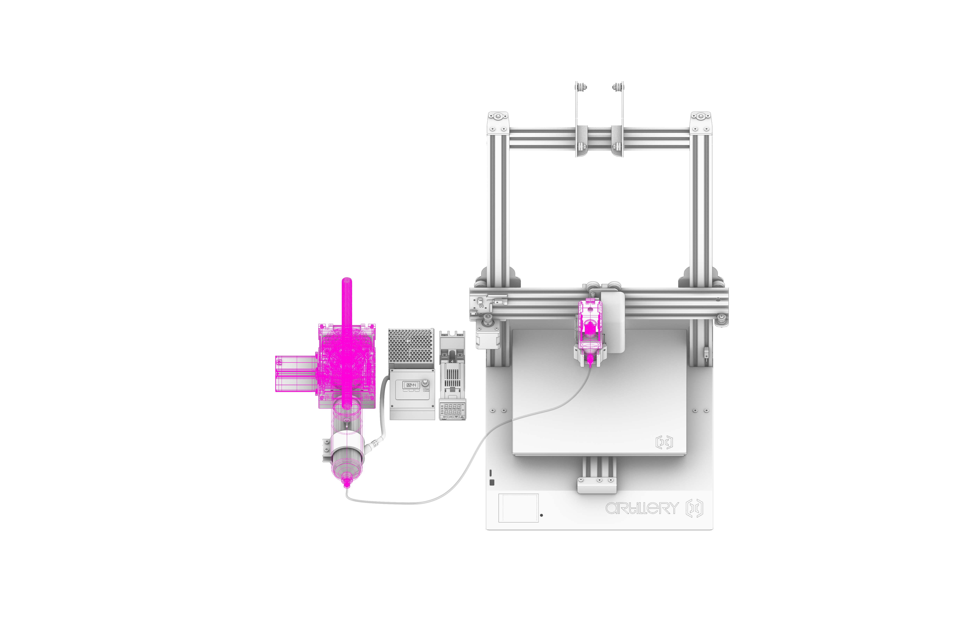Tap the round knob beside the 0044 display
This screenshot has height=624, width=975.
coord(425,383)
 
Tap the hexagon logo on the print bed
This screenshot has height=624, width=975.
coord(664,442)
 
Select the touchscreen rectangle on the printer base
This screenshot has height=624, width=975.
coord(518,508)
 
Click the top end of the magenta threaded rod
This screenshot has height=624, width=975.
coord(347,280)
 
